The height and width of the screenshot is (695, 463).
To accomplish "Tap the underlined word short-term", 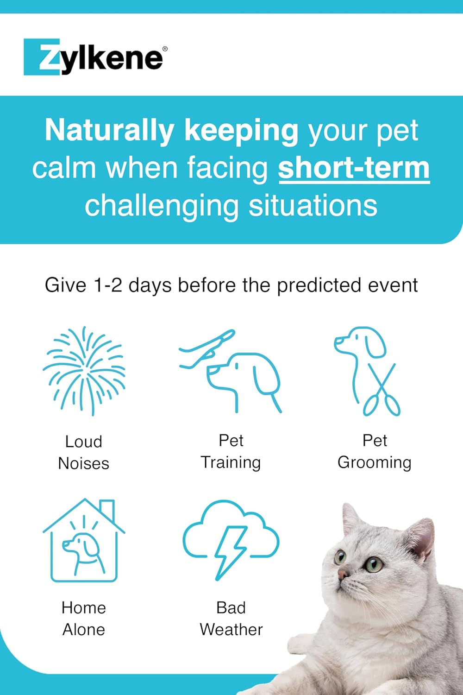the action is click(x=354, y=169).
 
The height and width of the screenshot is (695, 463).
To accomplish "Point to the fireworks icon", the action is click(x=84, y=371).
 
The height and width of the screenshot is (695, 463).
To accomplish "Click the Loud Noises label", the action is click(x=84, y=452).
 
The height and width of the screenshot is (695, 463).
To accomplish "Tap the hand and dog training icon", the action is click(x=231, y=371).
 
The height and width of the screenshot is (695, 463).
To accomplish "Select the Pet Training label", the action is click(x=231, y=451).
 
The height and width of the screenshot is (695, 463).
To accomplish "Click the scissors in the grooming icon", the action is click(x=382, y=390).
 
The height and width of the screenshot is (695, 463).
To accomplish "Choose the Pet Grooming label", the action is click(x=375, y=451).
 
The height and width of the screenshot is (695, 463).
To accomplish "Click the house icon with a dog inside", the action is click(x=84, y=540).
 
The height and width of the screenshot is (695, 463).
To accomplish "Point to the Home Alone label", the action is click(x=84, y=619).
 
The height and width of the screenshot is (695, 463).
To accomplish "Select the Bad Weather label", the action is click(x=231, y=619).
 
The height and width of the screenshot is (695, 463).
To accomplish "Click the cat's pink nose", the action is click(x=343, y=574).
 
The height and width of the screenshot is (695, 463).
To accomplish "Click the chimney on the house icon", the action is click(x=107, y=510).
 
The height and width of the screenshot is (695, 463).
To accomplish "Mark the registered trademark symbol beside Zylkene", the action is click(x=165, y=49).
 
